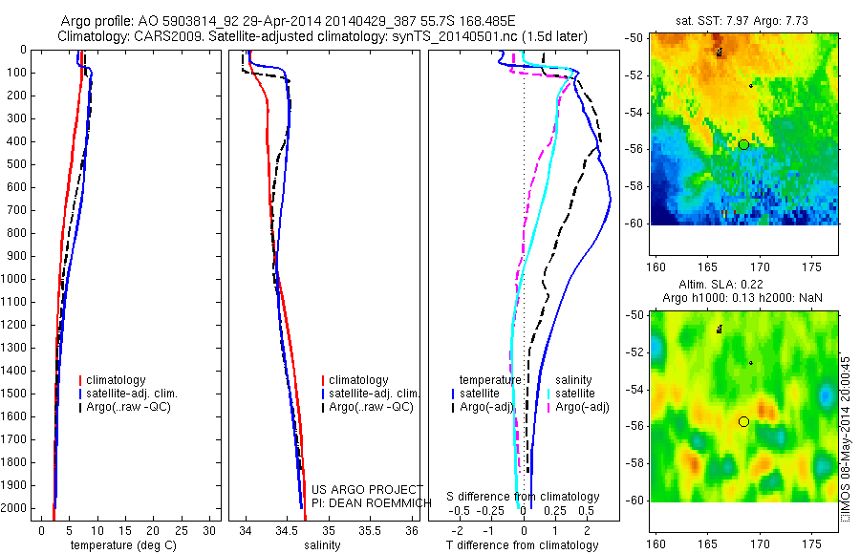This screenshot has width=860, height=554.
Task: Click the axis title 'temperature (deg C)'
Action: [121, 545]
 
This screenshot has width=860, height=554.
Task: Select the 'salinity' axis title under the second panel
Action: [322, 545]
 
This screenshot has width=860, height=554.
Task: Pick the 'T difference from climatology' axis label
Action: [522, 545]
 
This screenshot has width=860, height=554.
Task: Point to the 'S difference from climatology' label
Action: [523, 497]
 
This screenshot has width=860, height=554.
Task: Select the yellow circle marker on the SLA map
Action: [743, 421]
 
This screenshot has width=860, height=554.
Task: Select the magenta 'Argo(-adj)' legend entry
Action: [582, 407]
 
